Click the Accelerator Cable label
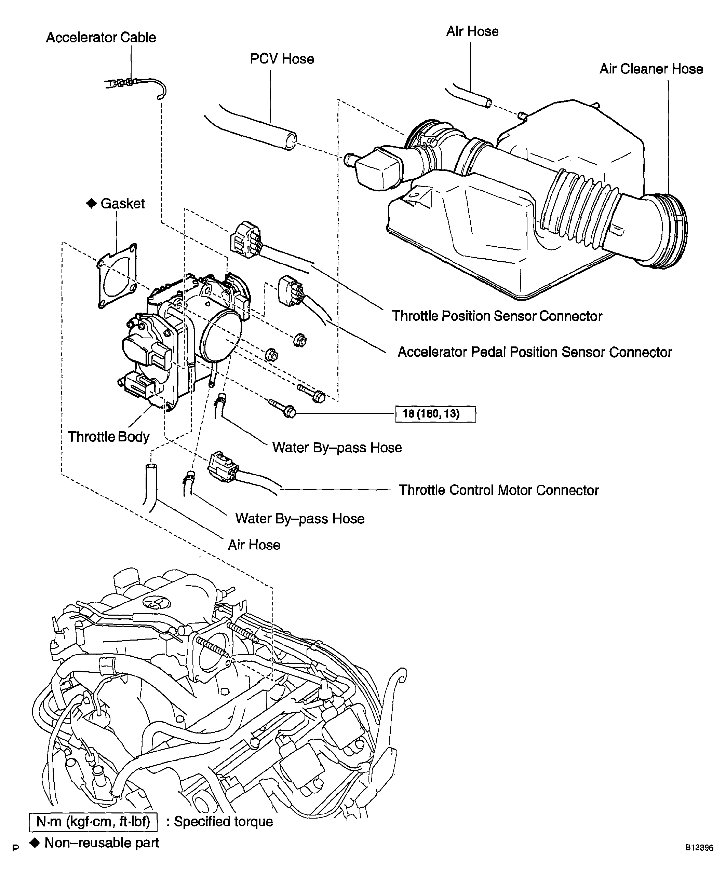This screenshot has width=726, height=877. click(x=101, y=38)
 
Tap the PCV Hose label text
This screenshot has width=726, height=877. click(x=282, y=59)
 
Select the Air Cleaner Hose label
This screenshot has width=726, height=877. click(x=651, y=69)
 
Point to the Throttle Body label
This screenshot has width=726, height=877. click(x=109, y=437)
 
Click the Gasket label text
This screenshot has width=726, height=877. click(x=122, y=204)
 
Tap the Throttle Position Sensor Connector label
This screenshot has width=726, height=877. click(x=497, y=316)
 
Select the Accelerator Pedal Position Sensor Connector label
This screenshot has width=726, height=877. click(x=535, y=352)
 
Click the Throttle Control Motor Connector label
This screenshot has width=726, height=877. click(x=499, y=490)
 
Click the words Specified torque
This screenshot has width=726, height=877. click(x=224, y=821)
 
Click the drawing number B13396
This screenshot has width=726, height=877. click(x=699, y=848)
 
